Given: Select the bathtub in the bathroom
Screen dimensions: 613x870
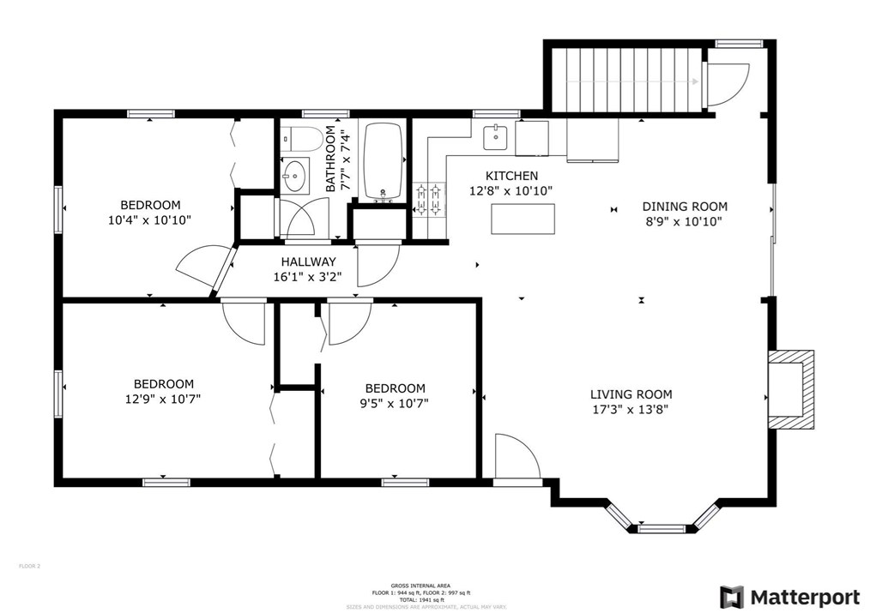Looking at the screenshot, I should tap(384, 161).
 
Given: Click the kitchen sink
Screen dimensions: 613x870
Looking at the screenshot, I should tap(495, 135).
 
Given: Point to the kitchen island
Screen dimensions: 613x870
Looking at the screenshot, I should tap(523, 219).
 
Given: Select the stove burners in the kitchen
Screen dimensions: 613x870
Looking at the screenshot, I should tap(428, 199).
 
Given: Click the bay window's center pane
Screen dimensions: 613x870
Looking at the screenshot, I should tap(662, 528).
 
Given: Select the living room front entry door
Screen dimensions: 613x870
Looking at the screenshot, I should tap(517, 458).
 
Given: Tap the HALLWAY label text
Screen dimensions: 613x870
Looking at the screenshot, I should tap(308, 262).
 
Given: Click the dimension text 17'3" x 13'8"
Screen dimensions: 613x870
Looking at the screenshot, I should tap(631, 409).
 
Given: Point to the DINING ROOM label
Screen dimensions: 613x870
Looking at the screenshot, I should tap(685, 207).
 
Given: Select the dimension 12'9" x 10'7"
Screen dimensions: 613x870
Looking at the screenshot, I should tap(163, 399).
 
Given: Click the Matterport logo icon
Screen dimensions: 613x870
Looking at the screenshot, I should tap(731, 597).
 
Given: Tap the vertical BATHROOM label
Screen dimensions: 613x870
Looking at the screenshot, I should tap(330, 159).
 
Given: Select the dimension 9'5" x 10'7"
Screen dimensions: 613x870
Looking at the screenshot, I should tap(395, 402).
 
